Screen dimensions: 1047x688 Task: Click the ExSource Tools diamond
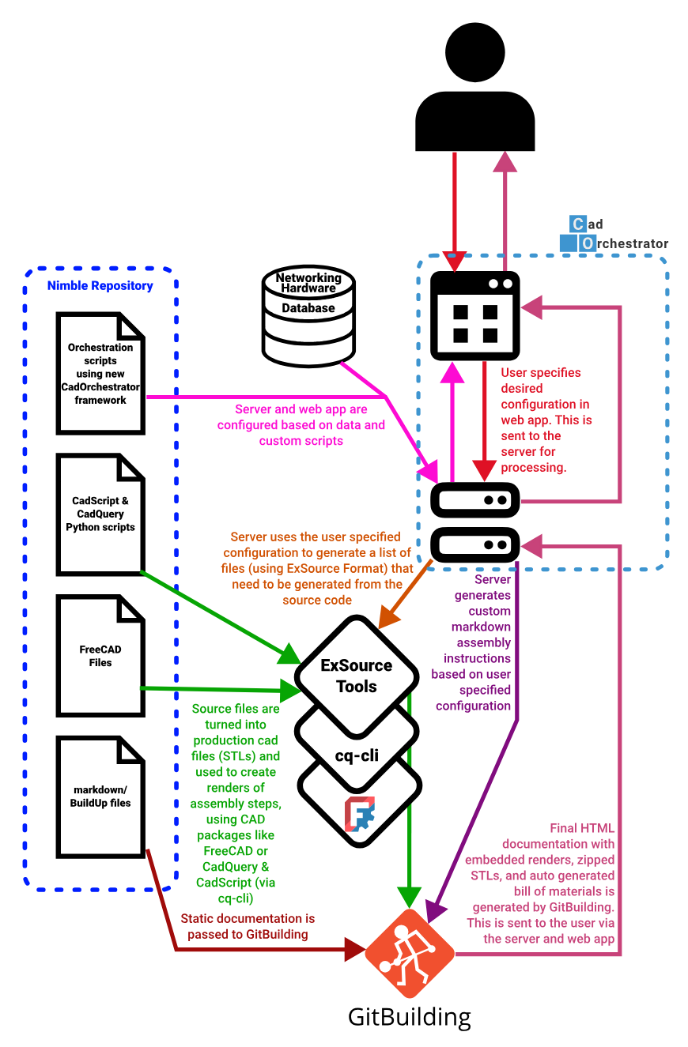pos(357,676)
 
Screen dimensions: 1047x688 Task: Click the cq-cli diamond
pos(357,755)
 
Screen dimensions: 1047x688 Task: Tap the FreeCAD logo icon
pos(360,815)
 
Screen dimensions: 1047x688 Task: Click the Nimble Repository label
pos(100,286)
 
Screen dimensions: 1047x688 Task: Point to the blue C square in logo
pos(578,224)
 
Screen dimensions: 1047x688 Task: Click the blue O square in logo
pos(588,243)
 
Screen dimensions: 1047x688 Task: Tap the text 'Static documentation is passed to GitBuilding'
pos(248,926)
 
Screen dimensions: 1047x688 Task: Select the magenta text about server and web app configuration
pos(301,425)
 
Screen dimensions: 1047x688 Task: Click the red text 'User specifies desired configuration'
pos(546,420)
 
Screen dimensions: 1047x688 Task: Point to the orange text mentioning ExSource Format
pos(316,568)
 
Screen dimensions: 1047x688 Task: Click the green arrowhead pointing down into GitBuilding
pos(409,897)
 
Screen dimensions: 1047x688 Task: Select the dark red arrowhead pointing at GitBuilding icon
pos(354,949)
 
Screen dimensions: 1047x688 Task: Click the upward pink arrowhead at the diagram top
pos(505,161)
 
